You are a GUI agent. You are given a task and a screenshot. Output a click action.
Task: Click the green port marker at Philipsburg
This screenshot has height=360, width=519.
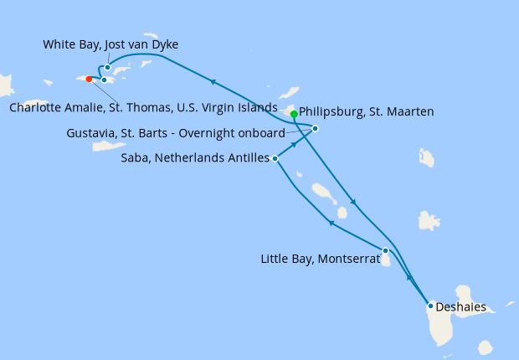click(x=294, y=114)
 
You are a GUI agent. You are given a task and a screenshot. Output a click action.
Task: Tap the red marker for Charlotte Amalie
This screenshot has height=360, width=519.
click(x=90, y=80)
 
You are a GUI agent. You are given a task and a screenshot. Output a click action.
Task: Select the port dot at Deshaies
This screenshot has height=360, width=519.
click(x=430, y=306)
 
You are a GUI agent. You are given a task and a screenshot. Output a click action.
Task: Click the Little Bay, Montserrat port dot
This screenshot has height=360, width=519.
click(x=385, y=250)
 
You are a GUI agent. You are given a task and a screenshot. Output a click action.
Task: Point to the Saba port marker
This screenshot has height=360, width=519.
click(x=275, y=157)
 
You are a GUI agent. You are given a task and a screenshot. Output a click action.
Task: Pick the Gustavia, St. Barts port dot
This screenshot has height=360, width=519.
click(x=315, y=128)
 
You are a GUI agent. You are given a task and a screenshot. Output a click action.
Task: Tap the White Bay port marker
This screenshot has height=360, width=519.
click(x=108, y=68)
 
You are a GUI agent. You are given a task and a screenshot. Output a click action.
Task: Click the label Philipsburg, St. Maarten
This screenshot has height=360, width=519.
click(x=366, y=110)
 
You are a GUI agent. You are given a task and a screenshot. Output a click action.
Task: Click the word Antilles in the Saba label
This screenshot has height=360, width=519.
click(x=249, y=157)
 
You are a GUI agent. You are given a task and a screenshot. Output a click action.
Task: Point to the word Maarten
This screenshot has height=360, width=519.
click(x=409, y=110)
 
